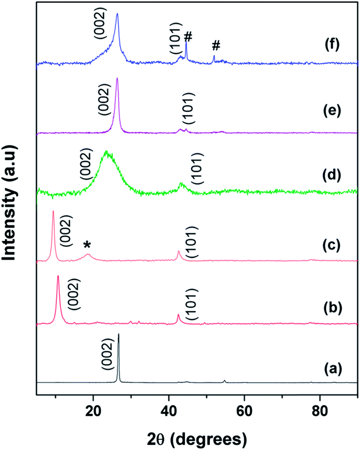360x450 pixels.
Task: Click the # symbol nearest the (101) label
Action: [x=188, y=37]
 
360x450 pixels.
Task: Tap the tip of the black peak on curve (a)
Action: [x=119, y=334]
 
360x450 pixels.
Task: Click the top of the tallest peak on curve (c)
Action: [x=53, y=211]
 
